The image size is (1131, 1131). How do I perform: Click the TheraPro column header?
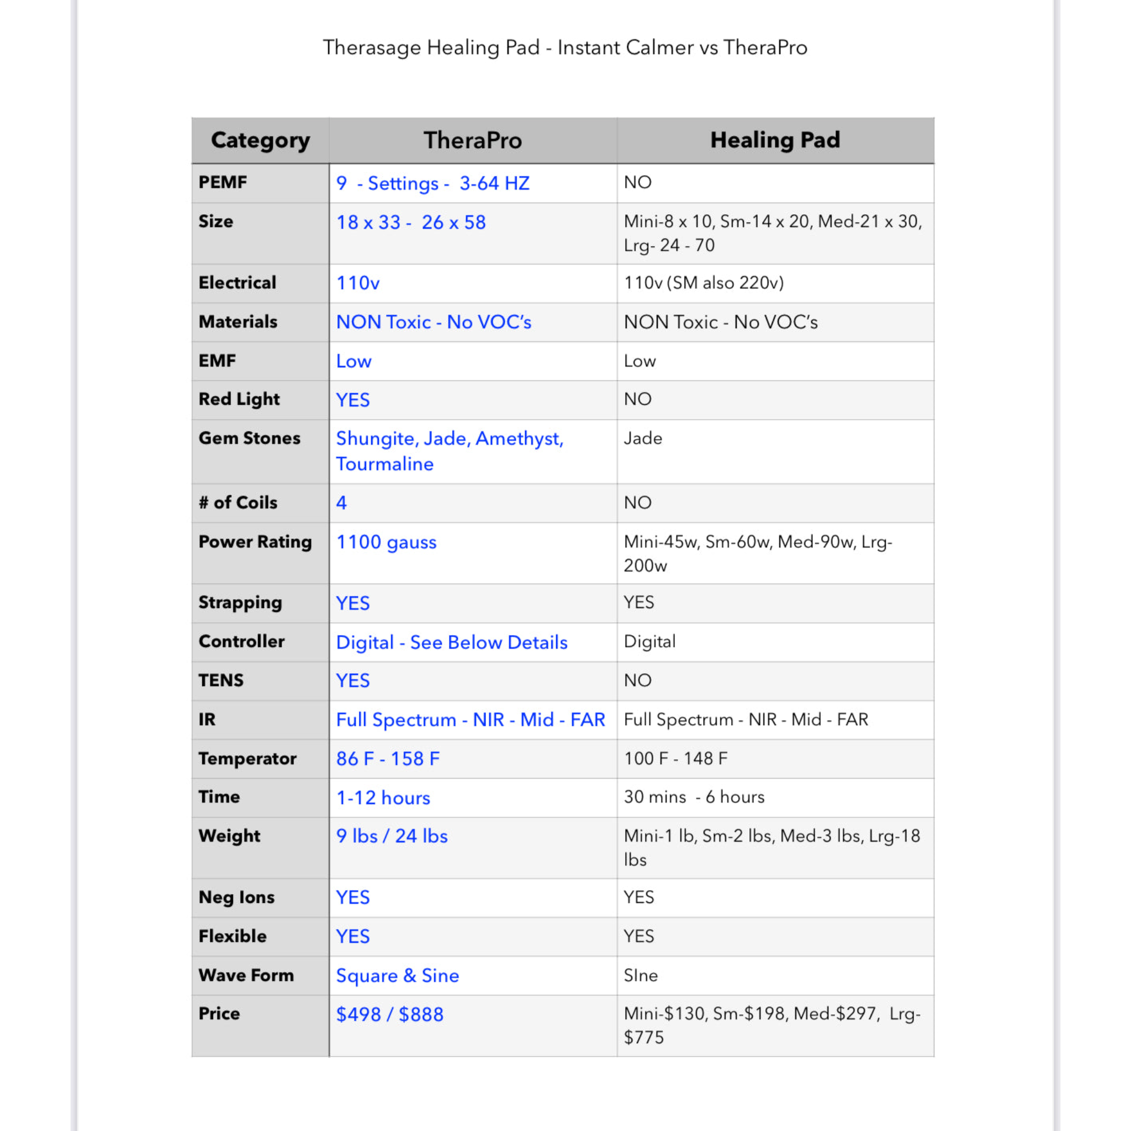[472, 140]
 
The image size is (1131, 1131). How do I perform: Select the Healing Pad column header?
[774, 140]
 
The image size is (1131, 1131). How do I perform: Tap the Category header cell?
[261, 140]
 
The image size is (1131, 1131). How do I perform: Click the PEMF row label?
[223, 182]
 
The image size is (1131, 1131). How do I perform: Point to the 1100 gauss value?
[386, 542]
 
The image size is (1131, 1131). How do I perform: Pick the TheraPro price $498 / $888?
[389, 1014]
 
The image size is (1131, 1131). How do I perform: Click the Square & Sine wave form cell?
[397, 975]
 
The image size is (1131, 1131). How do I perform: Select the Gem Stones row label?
[250, 438]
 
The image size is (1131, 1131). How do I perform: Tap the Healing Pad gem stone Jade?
[643, 438]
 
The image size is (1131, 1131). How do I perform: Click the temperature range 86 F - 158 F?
[388, 759]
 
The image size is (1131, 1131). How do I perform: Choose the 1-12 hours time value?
[383, 797]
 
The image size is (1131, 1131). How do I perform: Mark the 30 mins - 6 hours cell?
[694, 797]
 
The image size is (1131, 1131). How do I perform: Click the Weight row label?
[229, 836]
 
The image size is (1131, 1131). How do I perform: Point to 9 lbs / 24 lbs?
[392, 836]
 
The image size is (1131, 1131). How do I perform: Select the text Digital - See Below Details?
[451, 642]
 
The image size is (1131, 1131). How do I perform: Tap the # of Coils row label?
[237, 503]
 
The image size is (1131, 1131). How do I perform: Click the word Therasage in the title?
[372, 47]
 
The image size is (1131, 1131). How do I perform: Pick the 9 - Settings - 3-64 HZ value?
[432, 183]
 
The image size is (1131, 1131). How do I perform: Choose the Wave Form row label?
[246, 975]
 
